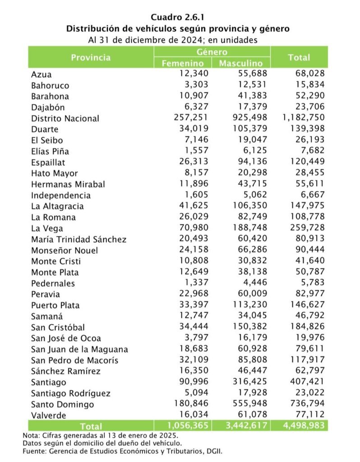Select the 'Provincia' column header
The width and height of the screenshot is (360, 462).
tap(90, 58)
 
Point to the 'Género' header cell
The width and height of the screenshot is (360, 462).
tap(212, 52)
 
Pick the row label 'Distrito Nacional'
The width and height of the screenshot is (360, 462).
tap(65, 119)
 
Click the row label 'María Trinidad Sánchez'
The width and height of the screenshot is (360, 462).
tap(78, 240)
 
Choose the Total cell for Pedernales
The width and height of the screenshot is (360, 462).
tap(310, 283)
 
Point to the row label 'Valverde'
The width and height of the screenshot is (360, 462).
tap(48, 416)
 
